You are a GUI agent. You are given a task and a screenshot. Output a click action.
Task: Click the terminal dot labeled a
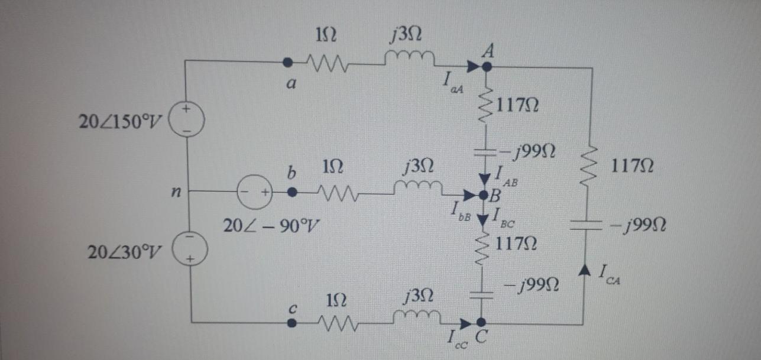tap(288, 61)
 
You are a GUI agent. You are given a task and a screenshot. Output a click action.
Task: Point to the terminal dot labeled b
tap(291, 192)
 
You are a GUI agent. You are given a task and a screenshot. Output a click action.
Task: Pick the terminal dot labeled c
tap(291, 323)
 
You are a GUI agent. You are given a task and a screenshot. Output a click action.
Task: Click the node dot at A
tap(486, 67)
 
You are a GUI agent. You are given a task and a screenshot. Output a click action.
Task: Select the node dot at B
tap(483, 194)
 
